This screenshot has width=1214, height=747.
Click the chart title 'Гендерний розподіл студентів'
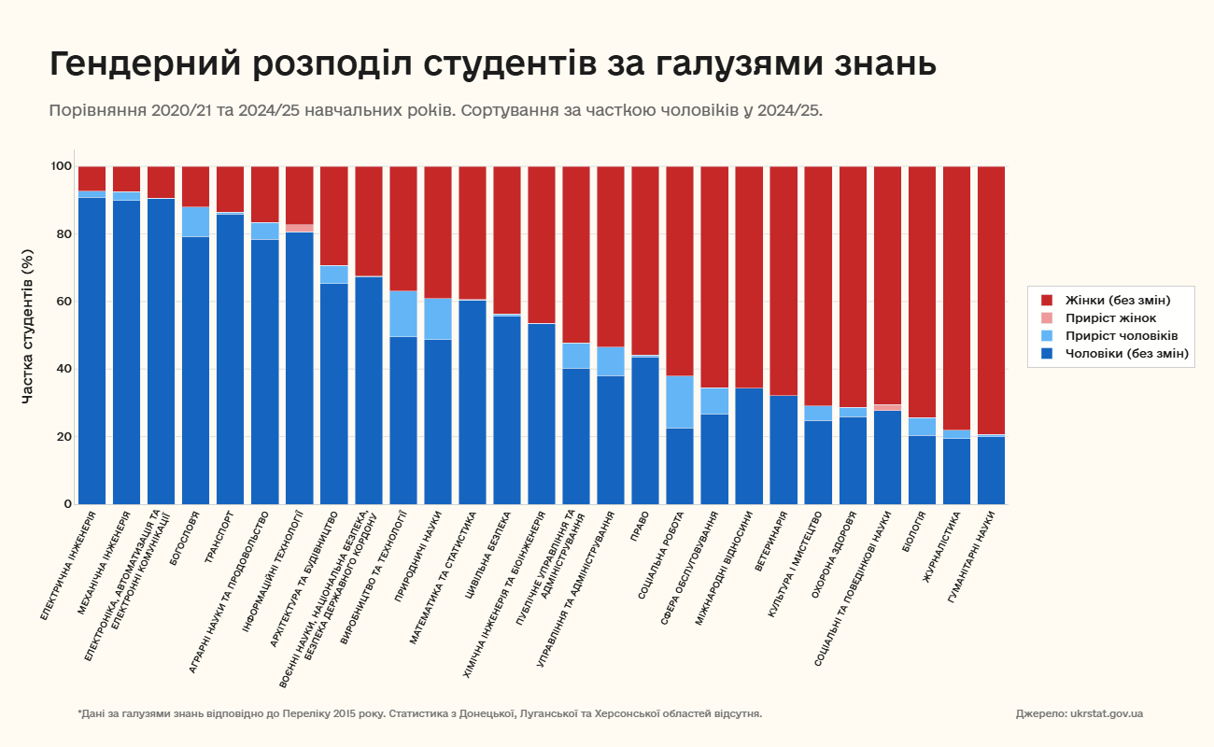492,65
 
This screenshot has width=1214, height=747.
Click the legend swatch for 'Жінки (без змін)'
1047,300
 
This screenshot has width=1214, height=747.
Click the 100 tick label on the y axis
62,166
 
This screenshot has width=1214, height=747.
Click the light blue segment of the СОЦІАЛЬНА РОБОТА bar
680,402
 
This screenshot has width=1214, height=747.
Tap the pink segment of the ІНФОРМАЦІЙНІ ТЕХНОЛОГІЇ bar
300,228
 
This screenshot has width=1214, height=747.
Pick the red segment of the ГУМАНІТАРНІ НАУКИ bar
992,299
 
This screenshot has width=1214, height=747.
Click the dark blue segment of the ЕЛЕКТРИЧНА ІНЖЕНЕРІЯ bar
92,350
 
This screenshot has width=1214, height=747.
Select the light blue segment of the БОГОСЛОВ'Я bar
196,221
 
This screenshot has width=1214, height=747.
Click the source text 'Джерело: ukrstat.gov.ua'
1079,713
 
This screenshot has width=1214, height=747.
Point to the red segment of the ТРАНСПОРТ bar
231,189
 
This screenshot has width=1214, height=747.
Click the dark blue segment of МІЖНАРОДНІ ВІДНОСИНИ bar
749,445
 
